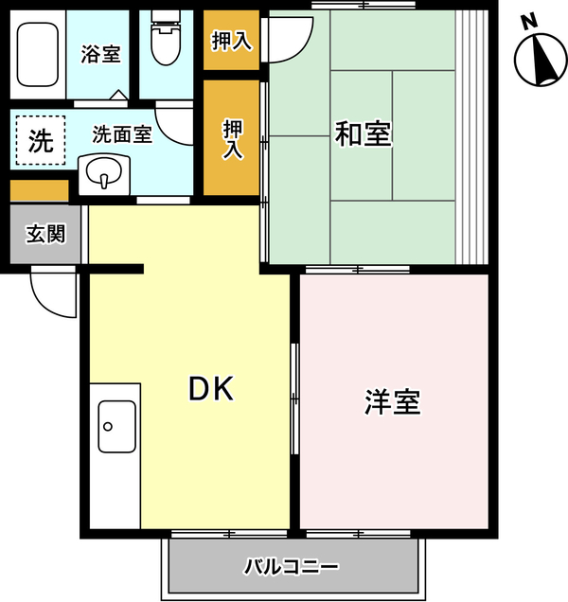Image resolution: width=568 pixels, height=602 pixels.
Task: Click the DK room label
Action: point(211,388)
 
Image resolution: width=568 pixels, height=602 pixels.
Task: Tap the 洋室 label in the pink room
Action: point(393,402)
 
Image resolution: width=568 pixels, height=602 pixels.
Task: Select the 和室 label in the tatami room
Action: point(363,133)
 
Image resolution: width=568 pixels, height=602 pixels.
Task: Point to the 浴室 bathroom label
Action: point(100,54)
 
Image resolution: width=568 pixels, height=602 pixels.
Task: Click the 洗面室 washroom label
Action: point(122,134)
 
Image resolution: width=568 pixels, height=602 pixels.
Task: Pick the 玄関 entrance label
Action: point(45,234)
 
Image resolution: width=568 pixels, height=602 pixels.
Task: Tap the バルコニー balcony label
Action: point(292,566)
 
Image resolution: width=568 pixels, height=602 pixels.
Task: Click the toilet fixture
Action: point(166,37)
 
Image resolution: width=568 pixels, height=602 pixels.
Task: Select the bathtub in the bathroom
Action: point(38,55)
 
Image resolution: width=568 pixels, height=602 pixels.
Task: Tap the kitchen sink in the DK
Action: point(117,427)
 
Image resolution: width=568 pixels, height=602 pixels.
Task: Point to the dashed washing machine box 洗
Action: point(41,140)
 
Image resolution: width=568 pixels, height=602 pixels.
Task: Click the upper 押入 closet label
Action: point(232,41)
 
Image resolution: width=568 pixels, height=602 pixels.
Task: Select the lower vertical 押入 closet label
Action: point(233,139)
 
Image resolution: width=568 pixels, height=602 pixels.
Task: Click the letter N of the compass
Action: point(530,22)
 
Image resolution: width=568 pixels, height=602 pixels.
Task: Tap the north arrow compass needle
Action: point(545,60)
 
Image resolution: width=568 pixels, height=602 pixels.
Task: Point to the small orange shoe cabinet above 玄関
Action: point(39,190)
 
